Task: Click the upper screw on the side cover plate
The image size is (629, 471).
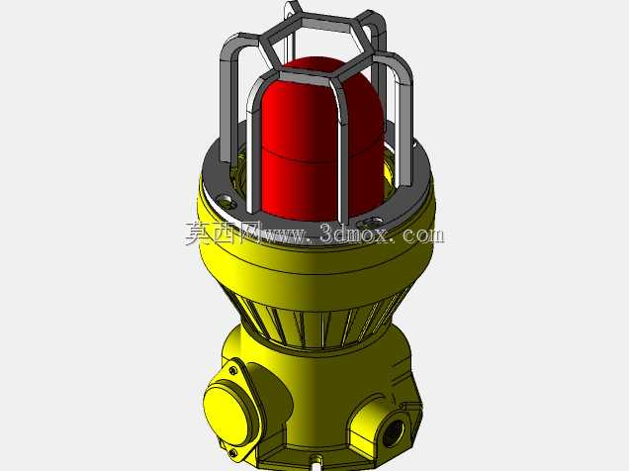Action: (x=233, y=370)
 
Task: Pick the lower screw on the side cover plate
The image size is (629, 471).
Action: (x=232, y=453)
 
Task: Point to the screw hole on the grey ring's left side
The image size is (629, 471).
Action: (x=225, y=200)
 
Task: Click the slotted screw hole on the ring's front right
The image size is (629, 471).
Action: (x=370, y=222)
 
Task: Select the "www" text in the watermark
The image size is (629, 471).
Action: (x=284, y=236)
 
